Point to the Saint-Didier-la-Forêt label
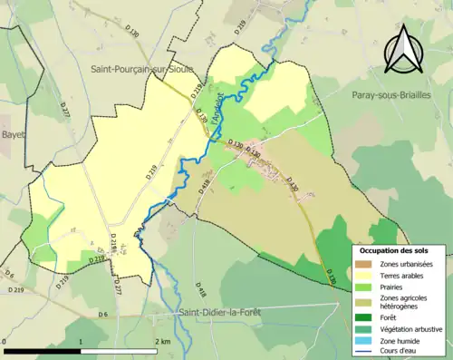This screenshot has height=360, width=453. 222,314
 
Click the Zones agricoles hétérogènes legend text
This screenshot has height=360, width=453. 404,302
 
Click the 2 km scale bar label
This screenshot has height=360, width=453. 165,342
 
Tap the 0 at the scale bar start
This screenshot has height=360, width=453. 5,342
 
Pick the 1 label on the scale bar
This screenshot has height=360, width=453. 82,342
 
